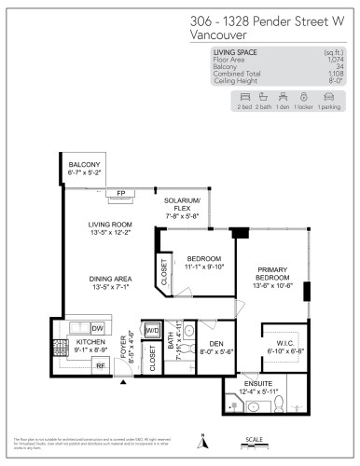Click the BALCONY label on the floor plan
click(x=84, y=164)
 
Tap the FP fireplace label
click(x=120, y=194)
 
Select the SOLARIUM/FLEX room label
click(x=183, y=204)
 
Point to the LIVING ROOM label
click(x=110, y=225)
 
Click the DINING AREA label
click(x=110, y=278)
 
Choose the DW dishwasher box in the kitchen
click(x=97, y=328)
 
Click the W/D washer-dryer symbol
click(x=151, y=331)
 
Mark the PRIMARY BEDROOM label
click(x=276, y=273)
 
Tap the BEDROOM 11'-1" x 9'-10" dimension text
click(x=203, y=267)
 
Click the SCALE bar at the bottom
click(x=251, y=444)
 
